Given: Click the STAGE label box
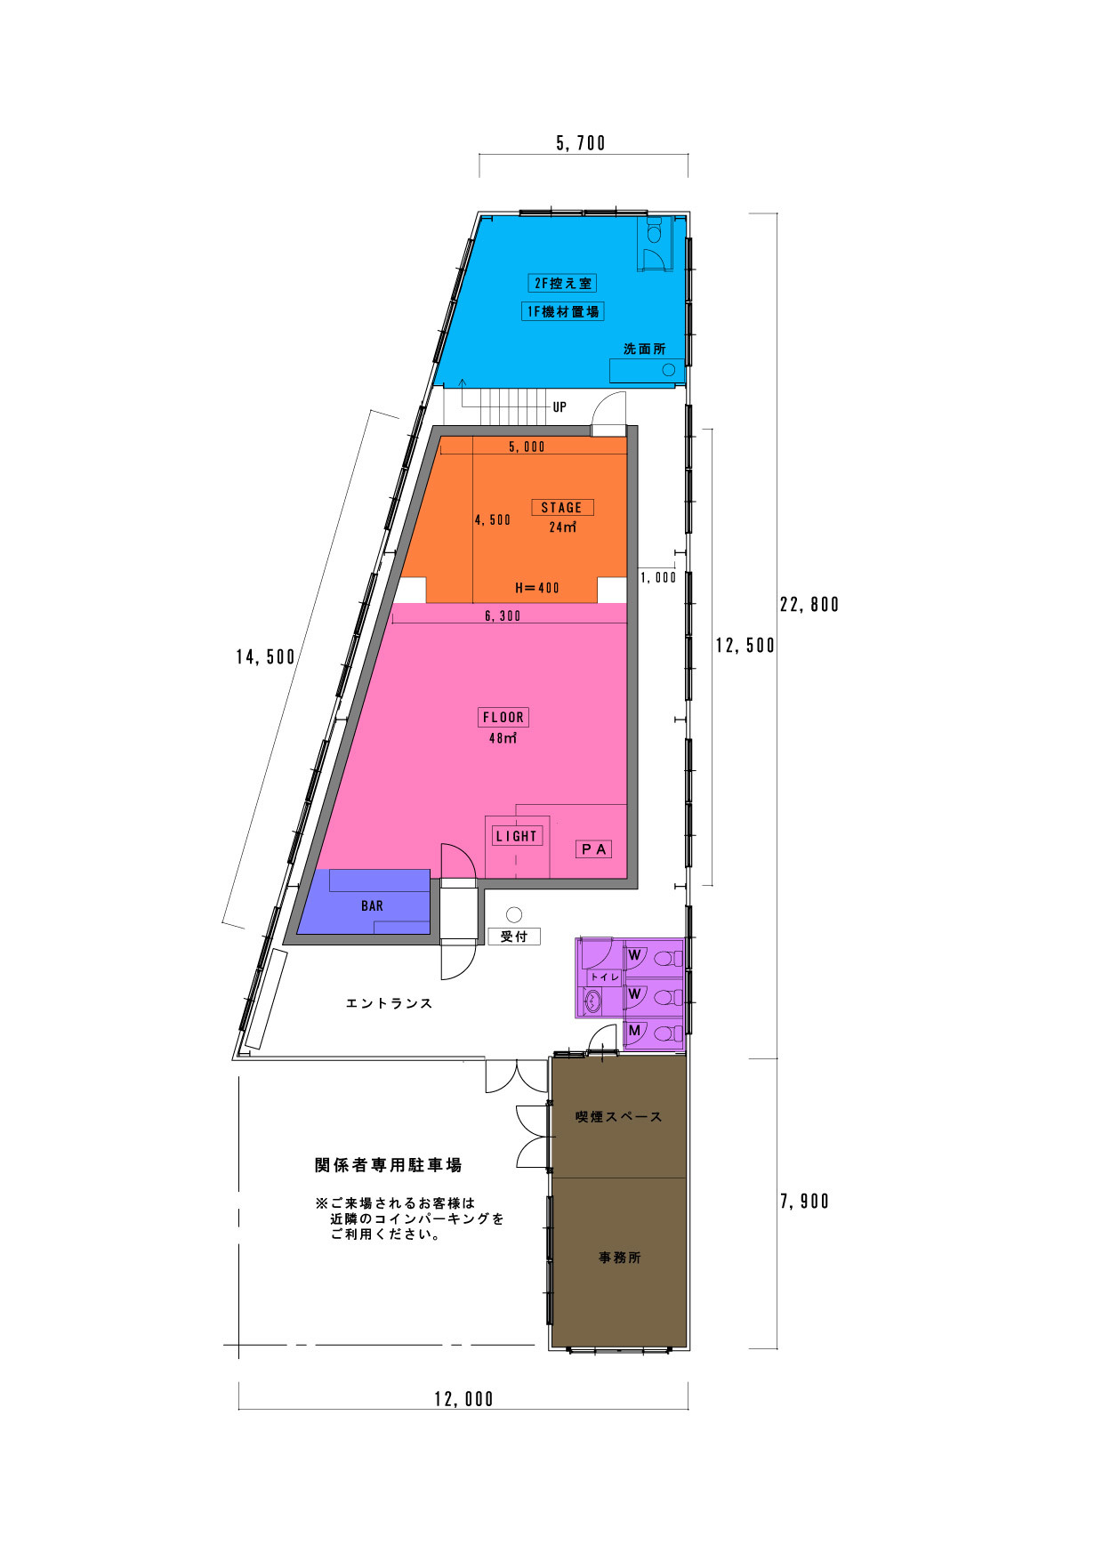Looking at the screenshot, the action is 562,508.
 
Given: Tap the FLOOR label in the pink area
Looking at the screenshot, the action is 503,717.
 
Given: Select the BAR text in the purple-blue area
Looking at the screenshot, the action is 372,905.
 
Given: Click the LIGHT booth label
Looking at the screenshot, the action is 517,836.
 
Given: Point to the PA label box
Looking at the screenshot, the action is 594,849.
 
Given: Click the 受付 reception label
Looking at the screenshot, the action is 514,937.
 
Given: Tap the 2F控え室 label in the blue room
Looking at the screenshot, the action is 562,284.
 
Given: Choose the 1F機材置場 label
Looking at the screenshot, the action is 562,311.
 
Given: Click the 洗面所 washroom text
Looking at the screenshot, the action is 644,349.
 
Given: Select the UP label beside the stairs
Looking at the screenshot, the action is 560,407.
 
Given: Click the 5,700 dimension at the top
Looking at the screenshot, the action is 581,143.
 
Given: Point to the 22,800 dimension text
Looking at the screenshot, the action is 809,605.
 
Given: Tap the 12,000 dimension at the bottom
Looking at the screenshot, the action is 463,1399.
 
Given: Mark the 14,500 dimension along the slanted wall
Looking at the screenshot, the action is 265,657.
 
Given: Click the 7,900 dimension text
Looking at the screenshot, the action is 804,1202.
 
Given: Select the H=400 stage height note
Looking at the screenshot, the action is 537,588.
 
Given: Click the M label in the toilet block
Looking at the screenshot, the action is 634,1031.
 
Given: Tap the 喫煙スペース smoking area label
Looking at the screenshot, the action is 619,1117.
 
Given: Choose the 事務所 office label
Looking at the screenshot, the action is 619,1258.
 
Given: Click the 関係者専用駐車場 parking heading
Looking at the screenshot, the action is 389,1165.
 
